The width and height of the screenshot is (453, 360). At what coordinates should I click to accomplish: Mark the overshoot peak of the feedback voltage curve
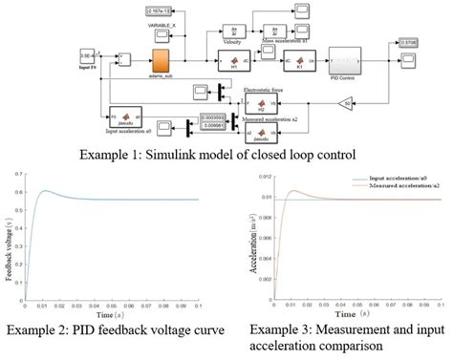[x=47, y=191]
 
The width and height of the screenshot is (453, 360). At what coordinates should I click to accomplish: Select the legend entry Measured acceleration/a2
[x=401, y=184]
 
